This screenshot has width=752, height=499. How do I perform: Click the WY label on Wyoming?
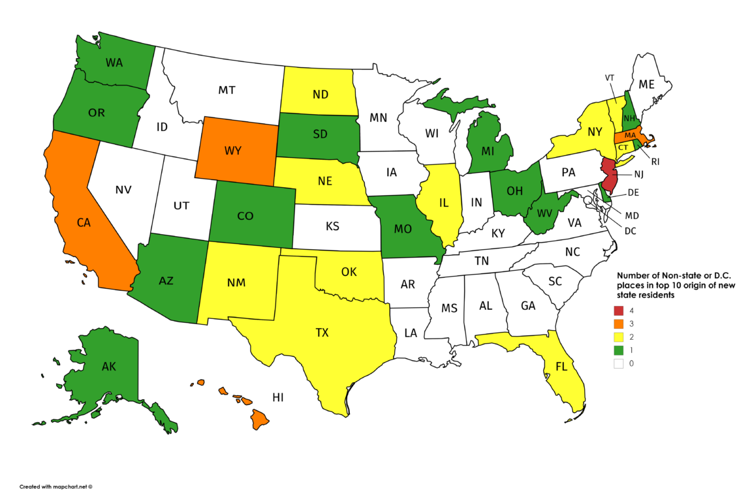point(233,151)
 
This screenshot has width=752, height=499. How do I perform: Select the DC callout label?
point(629,230)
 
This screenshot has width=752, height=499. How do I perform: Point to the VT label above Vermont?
point(610,77)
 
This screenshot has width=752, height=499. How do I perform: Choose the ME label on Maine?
point(646,84)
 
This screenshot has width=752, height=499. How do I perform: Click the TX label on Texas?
point(322,333)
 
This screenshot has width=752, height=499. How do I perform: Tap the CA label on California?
point(84,222)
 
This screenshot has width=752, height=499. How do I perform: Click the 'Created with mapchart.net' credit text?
point(56,487)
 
